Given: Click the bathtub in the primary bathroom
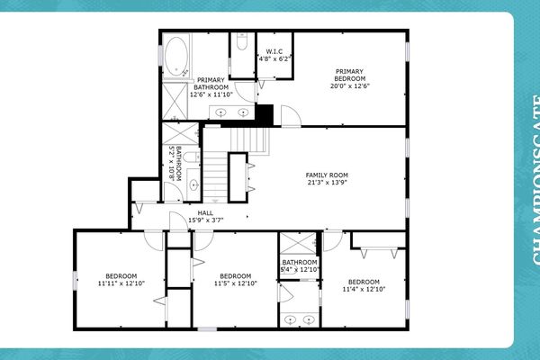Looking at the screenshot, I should pyautogui.click(x=176, y=54).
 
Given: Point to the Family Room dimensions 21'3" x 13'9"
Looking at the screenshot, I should pyautogui.click(x=327, y=184).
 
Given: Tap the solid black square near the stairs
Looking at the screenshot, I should pyautogui.click(x=265, y=115).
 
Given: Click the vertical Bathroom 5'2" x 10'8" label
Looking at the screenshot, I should pyautogui.click(x=182, y=164).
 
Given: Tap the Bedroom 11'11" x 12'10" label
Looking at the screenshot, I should pyautogui.click(x=121, y=280).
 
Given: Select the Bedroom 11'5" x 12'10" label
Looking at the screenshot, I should pyautogui.click(x=235, y=280).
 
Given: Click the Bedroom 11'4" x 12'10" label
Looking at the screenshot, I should pyautogui.click(x=364, y=285).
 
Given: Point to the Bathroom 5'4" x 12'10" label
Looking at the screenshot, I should pyautogui.click(x=300, y=265).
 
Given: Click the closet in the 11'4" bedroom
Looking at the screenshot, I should pyautogui.click(x=378, y=240).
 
